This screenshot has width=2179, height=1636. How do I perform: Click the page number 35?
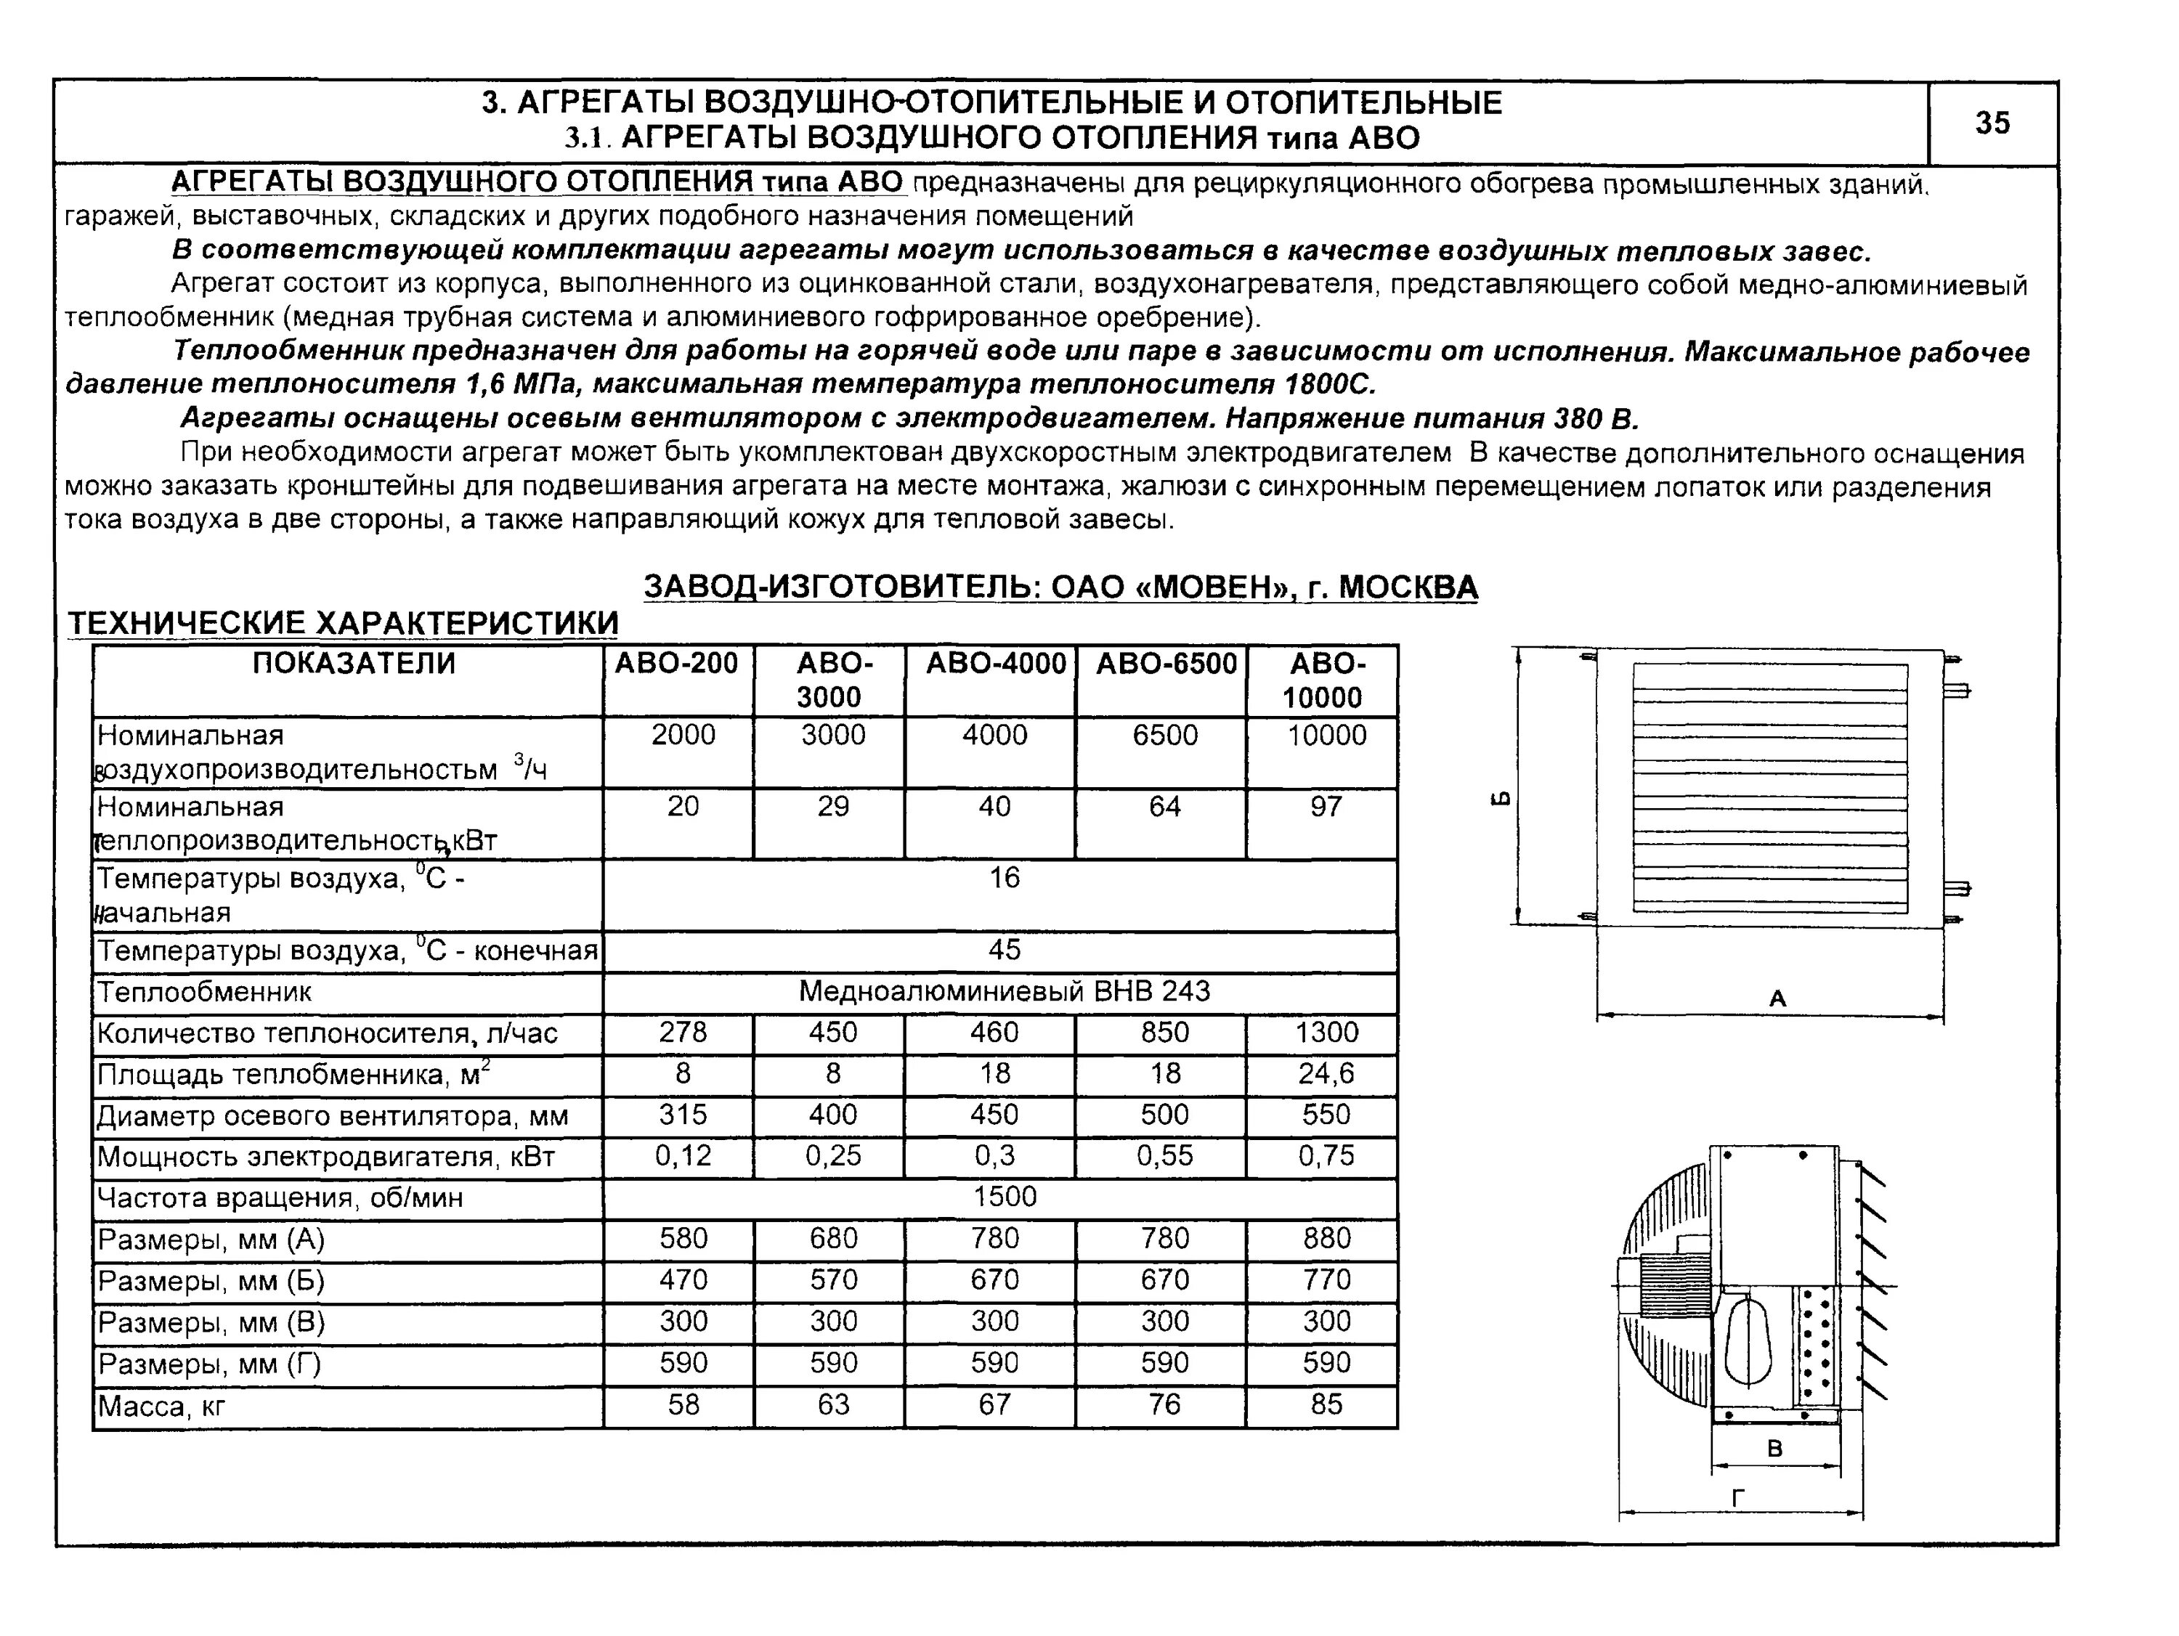click(1991, 123)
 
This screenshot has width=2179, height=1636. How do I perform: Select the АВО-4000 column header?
click(995, 664)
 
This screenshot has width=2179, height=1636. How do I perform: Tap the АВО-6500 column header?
click(1165, 664)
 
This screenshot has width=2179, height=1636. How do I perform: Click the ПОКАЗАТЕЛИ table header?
click(354, 664)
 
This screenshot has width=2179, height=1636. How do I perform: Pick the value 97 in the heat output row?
click(1326, 807)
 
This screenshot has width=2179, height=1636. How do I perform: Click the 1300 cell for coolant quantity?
click(1326, 1033)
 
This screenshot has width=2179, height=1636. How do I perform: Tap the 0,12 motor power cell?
click(683, 1155)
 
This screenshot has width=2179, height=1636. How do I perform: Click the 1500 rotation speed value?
click(1005, 1197)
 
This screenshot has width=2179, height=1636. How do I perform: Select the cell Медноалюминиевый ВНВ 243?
click(1004, 991)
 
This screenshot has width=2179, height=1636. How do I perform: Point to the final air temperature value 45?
click(1005, 950)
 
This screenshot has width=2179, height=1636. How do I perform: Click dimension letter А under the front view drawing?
click(1777, 998)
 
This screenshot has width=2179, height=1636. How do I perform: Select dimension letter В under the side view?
click(1775, 1449)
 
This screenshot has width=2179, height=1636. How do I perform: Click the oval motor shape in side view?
click(1748, 1340)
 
